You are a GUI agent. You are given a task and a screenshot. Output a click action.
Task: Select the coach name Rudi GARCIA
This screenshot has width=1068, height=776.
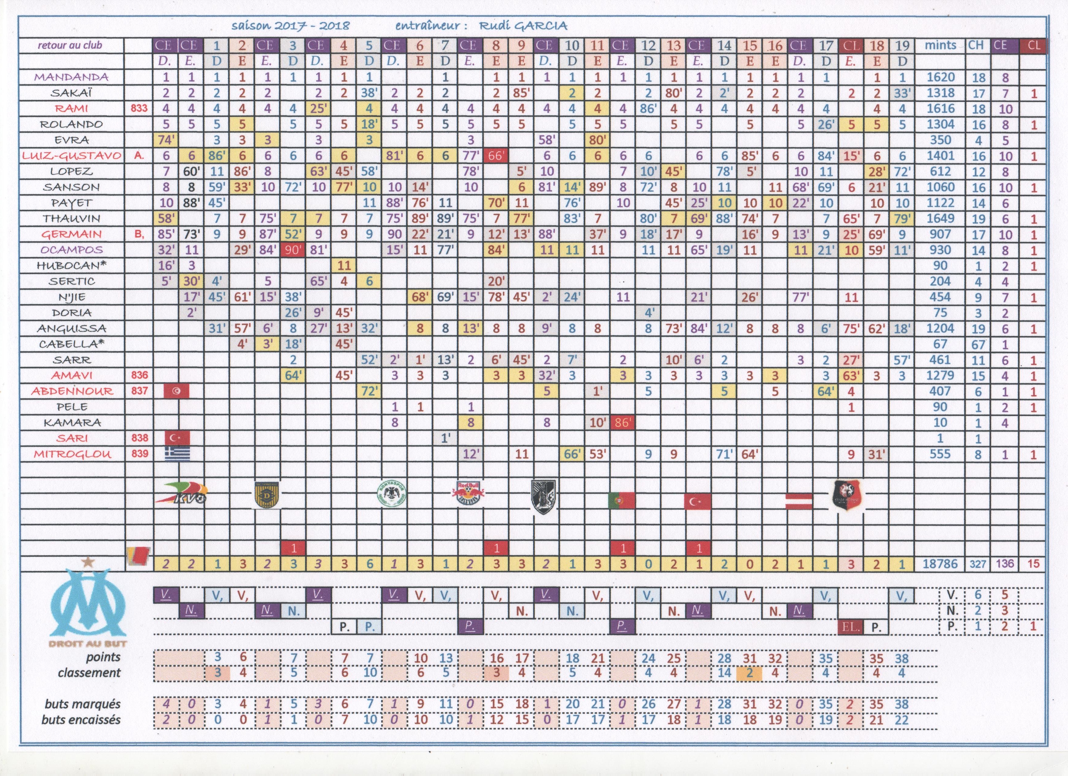coord(523,26)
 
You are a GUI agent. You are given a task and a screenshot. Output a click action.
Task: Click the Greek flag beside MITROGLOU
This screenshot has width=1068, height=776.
coord(177,453)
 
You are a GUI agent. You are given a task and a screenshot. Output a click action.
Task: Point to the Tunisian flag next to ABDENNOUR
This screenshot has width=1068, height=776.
coord(176,391)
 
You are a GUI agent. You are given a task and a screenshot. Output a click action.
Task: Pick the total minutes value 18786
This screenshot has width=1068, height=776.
coord(940,564)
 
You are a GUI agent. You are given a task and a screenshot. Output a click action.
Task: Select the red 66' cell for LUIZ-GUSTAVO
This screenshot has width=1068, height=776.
coord(496,156)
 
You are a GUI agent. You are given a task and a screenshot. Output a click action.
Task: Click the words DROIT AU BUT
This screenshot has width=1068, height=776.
coord(88,643)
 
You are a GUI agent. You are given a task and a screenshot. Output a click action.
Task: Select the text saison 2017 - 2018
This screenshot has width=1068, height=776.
coord(291,26)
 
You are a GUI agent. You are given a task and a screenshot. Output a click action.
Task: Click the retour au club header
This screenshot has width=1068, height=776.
coord(70,46)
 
